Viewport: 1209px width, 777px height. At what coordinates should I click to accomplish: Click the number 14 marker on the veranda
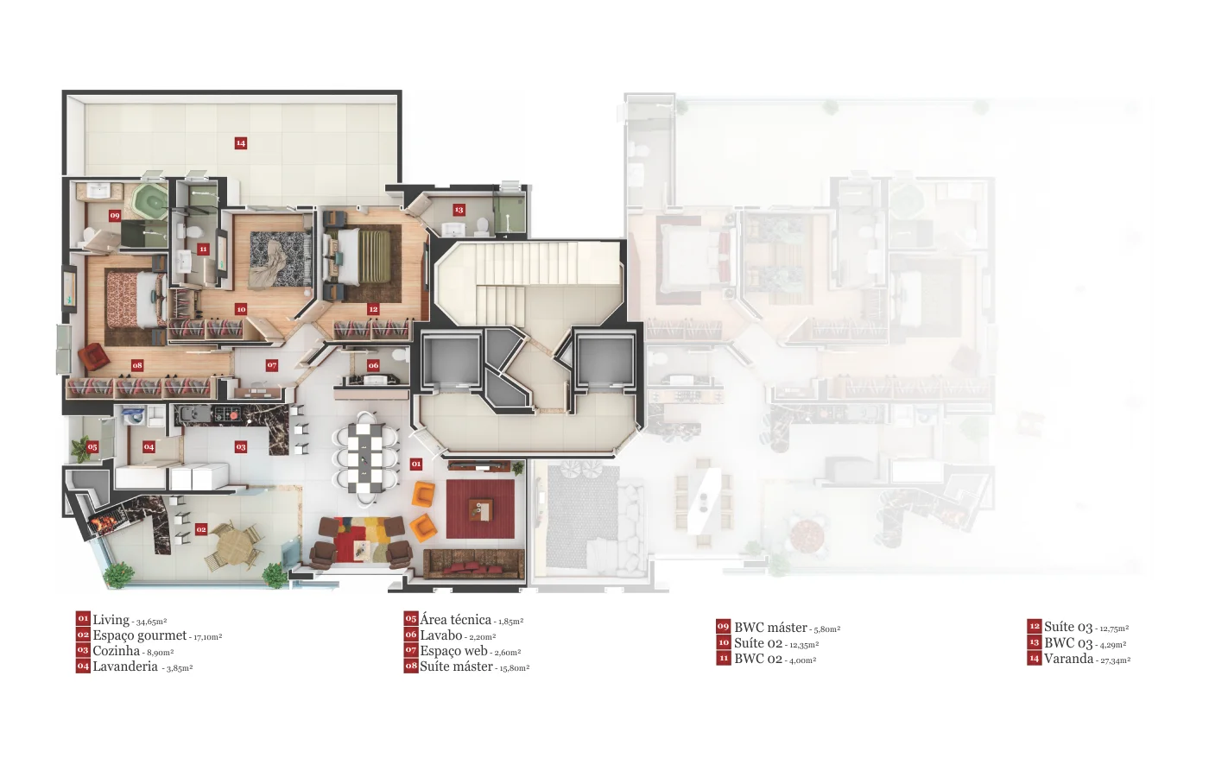pyautogui.click(x=241, y=143)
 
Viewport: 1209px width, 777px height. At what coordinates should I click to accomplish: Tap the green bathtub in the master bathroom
pyautogui.click(x=150, y=201)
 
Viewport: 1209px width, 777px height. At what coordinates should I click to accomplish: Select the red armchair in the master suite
pyautogui.click(x=94, y=357)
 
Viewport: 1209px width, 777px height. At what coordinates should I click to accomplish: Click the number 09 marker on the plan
pyautogui.click(x=114, y=215)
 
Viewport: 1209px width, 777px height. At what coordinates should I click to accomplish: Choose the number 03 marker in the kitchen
pyautogui.click(x=241, y=447)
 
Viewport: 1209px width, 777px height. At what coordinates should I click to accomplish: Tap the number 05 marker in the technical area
pyautogui.click(x=92, y=447)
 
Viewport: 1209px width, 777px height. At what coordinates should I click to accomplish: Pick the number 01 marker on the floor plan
pyautogui.click(x=415, y=464)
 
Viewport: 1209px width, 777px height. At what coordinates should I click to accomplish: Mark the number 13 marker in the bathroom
pyautogui.click(x=459, y=210)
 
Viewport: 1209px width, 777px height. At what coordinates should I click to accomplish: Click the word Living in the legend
pyautogui.click(x=111, y=620)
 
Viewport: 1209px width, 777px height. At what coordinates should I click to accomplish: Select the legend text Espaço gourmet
pyautogui.click(x=140, y=635)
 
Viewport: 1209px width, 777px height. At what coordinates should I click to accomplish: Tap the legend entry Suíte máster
pyautogui.click(x=457, y=666)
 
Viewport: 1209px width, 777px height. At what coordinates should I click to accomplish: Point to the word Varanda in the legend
pyautogui.click(x=1069, y=658)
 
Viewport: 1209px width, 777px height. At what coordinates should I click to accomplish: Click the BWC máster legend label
pyautogui.click(x=770, y=628)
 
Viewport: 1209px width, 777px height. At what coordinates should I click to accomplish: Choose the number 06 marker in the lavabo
pyautogui.click(x=373, y=365)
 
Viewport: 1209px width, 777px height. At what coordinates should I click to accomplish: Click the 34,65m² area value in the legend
pyautogui.click(x=152, y=622)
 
